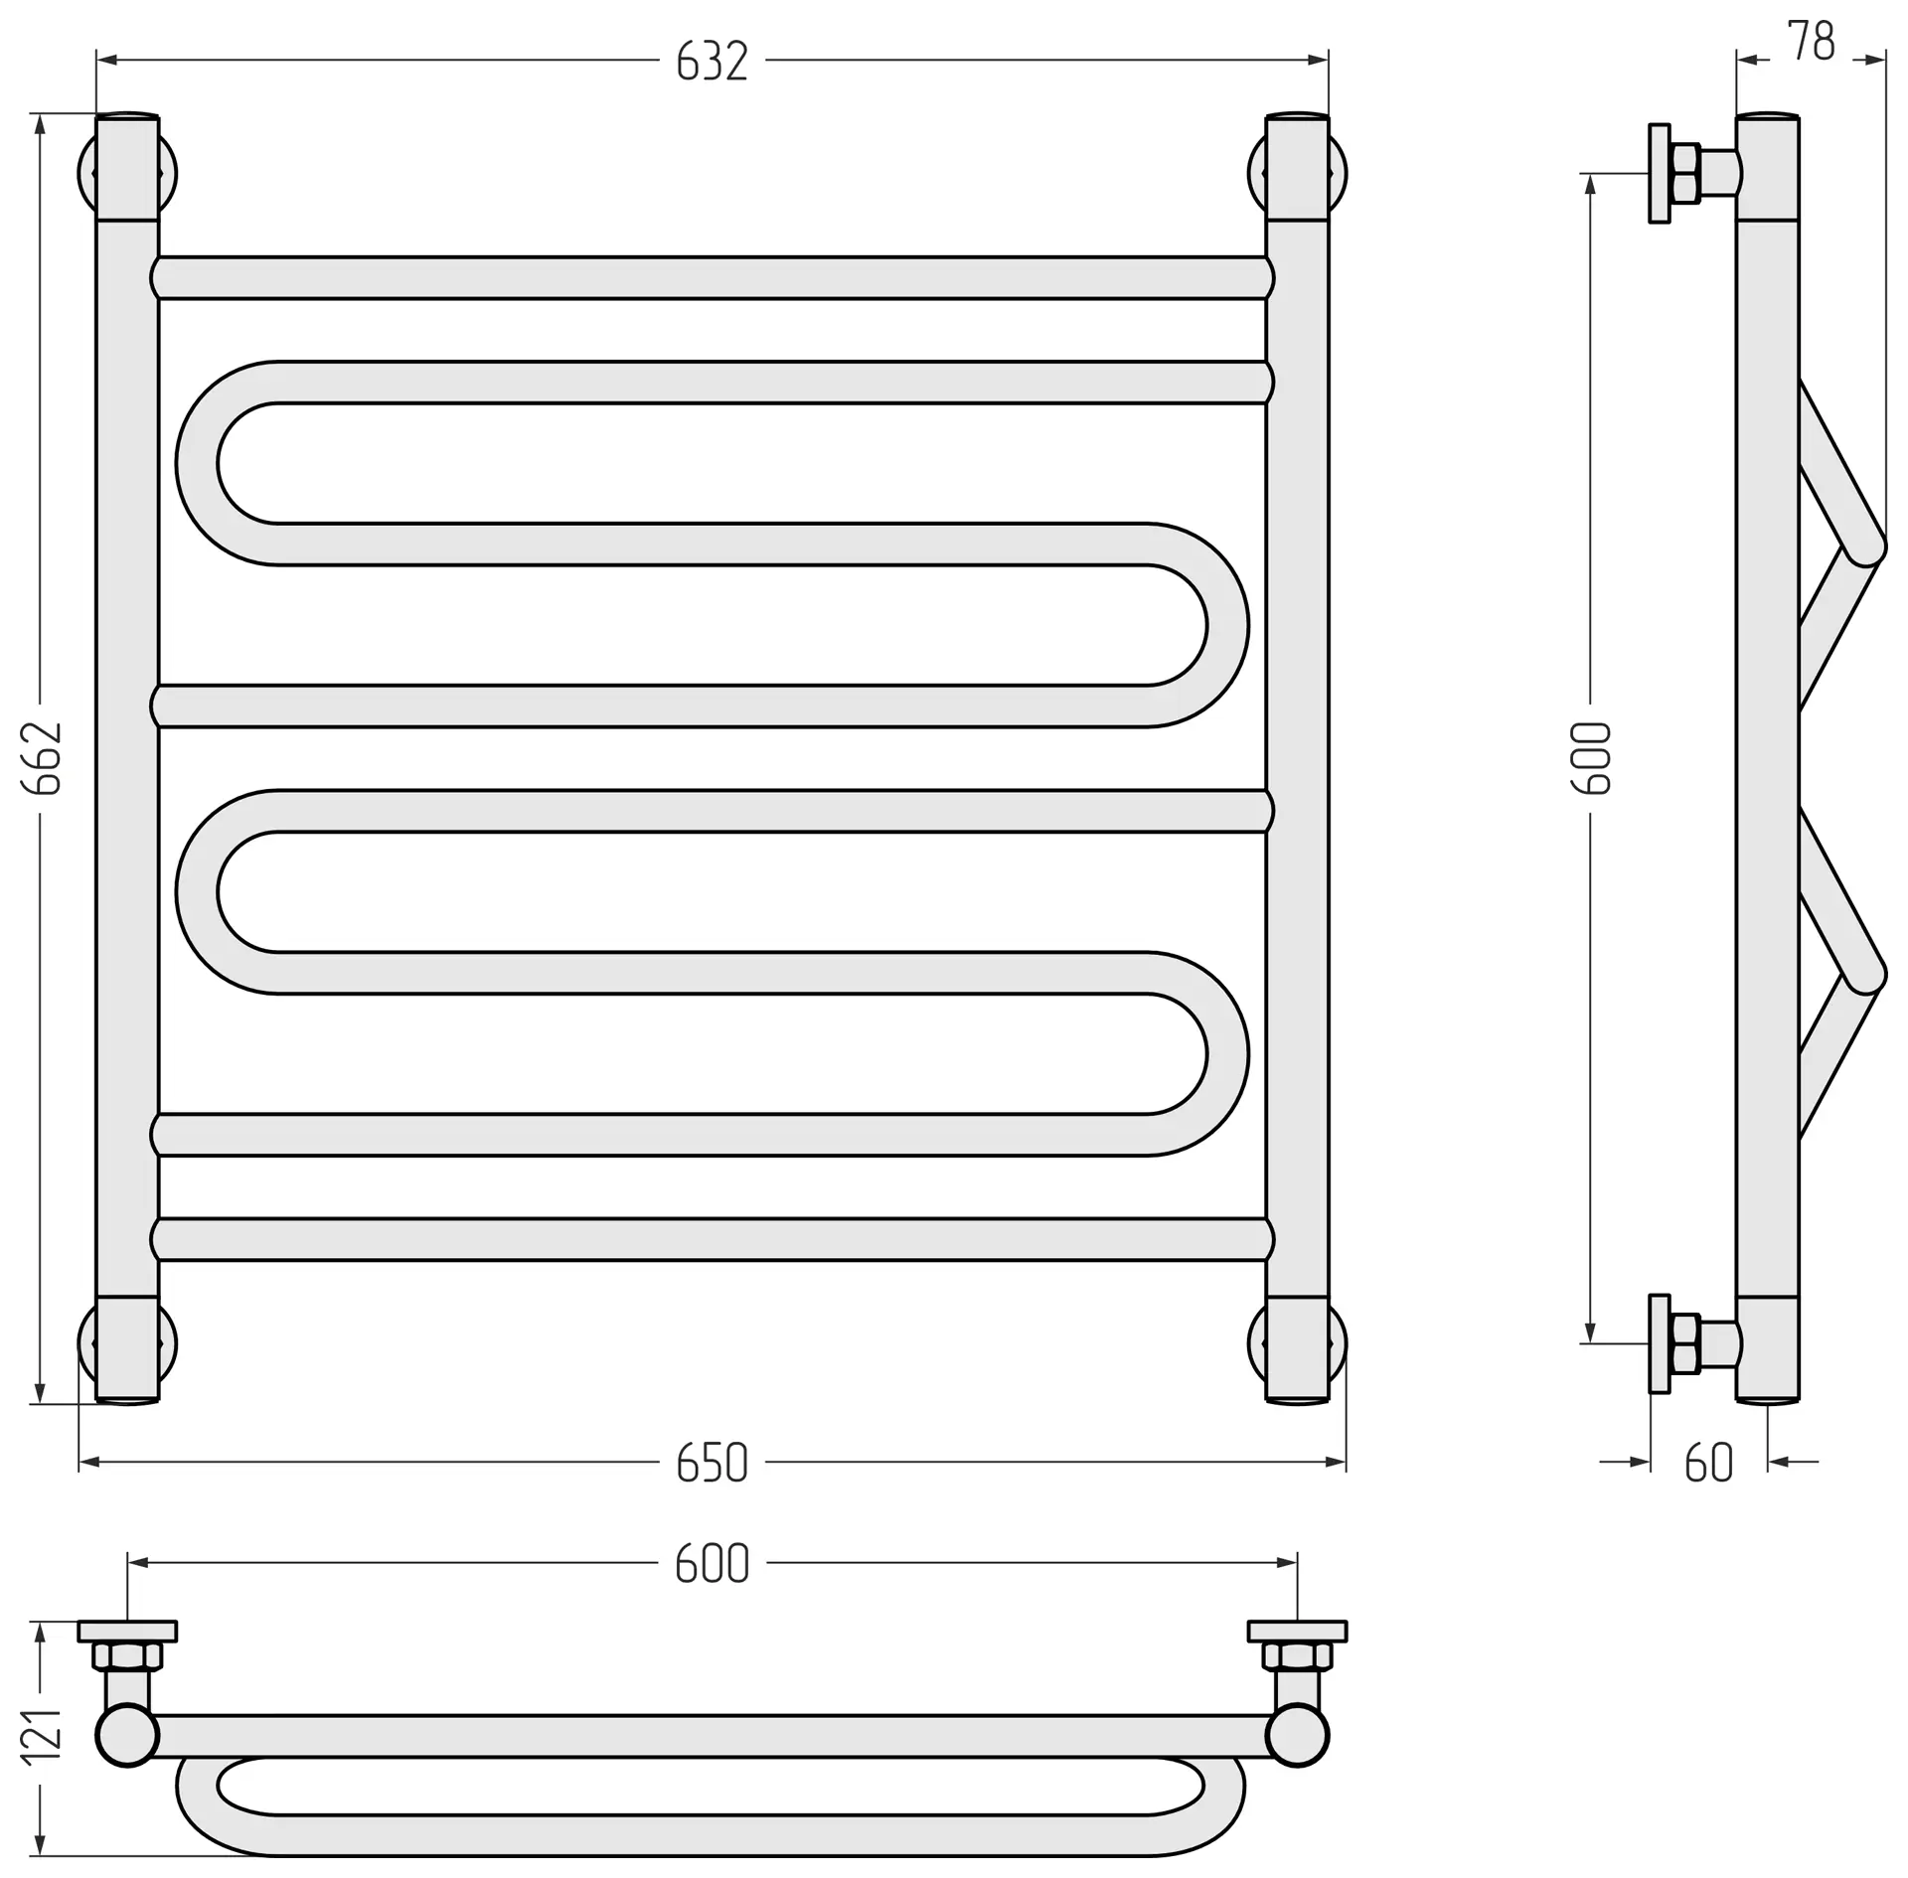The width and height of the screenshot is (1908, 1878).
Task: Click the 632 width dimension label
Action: coord(712,62)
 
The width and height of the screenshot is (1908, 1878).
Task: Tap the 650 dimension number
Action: coord(712,1463)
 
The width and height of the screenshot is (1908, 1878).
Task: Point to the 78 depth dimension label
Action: coord(1811,42)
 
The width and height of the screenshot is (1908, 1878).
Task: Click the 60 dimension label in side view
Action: coord(1709,1463)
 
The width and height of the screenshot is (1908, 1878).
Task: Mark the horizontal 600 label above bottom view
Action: coord(712,1564)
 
